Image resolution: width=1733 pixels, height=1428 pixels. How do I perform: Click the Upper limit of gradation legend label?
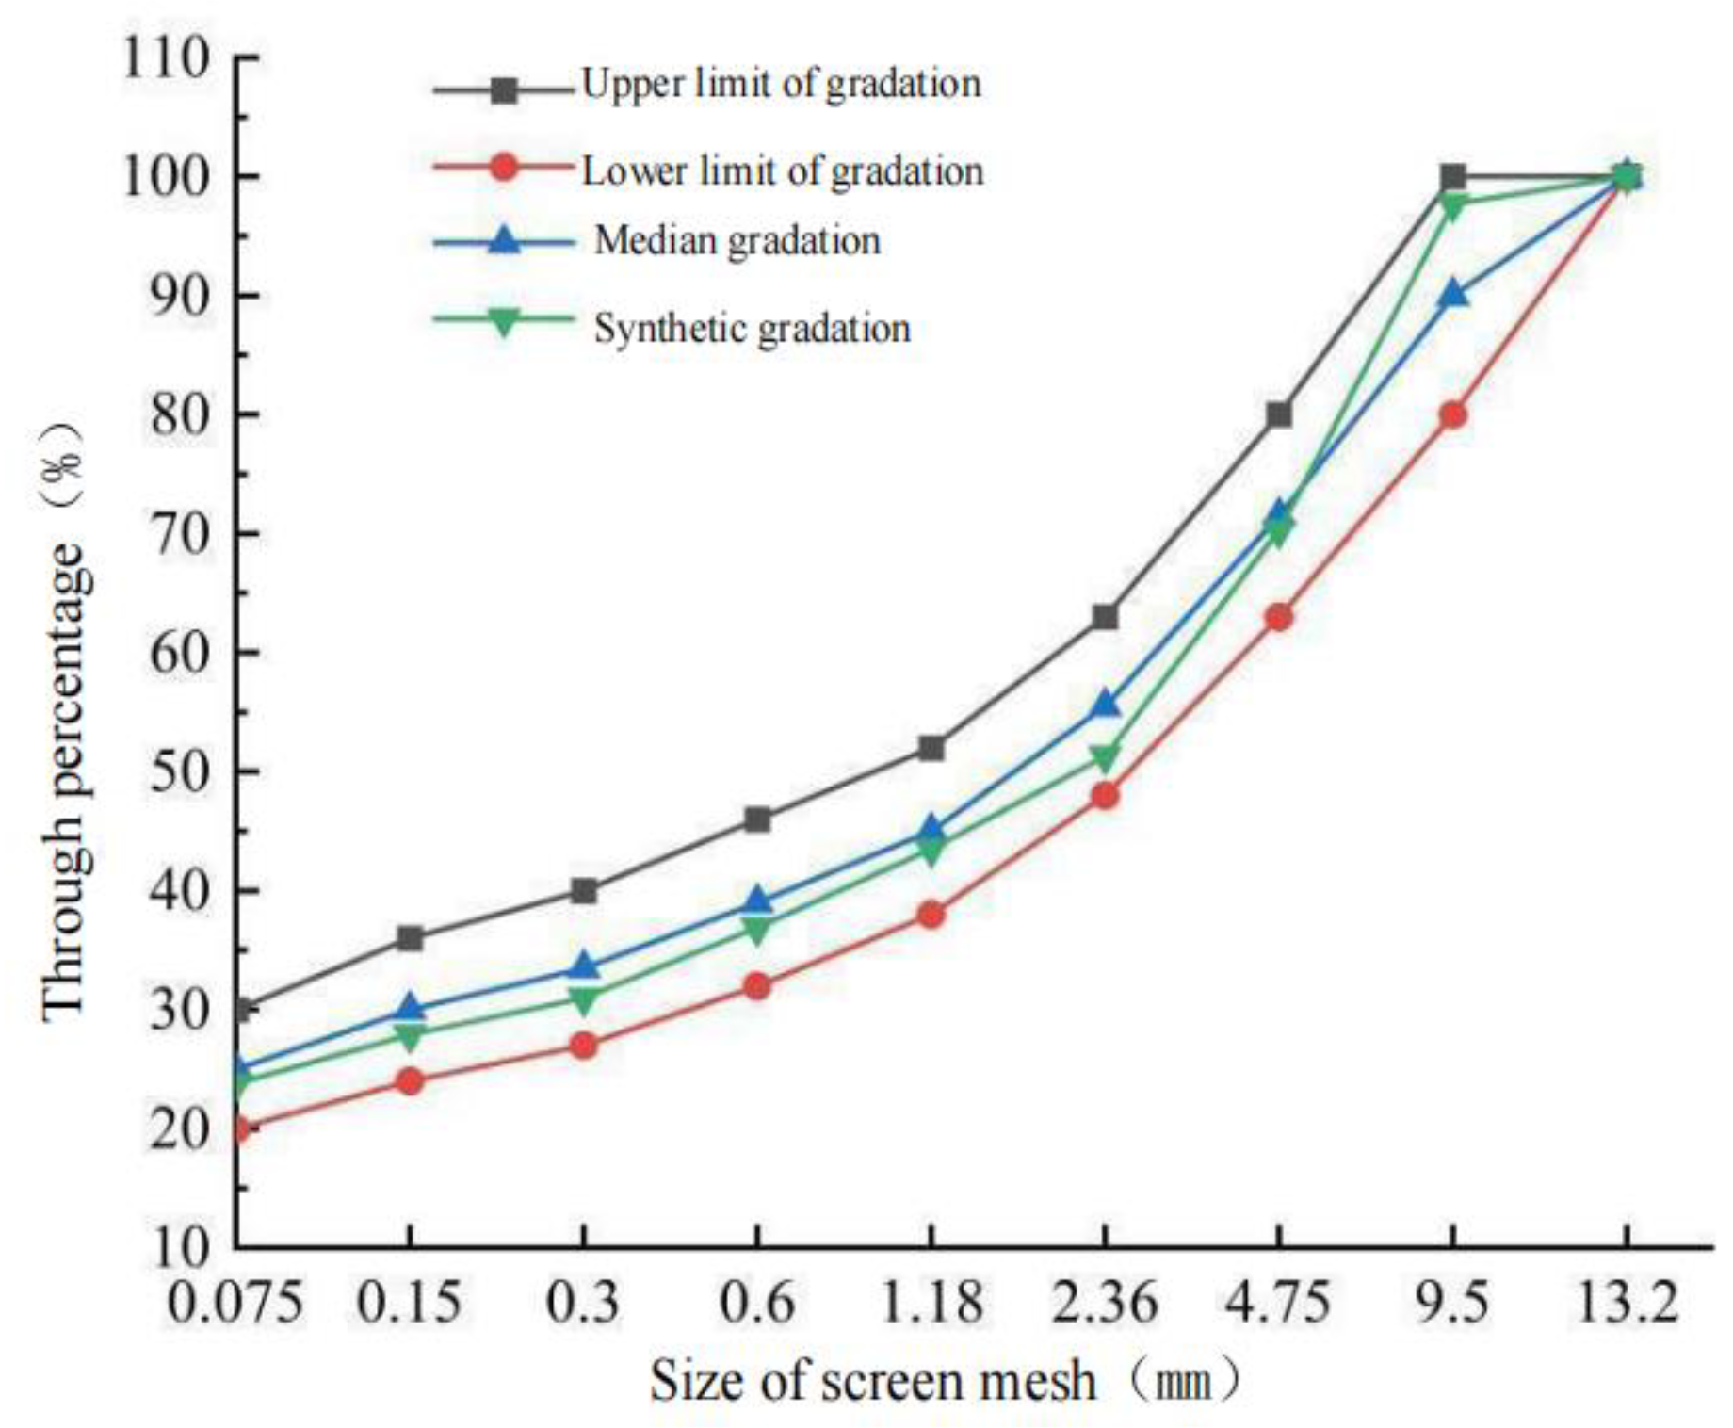[x=781, y=85]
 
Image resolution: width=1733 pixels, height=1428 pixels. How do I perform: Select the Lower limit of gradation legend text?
[x=783, y=171]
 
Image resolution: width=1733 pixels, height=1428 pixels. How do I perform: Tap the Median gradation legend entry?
[x=737, y=242]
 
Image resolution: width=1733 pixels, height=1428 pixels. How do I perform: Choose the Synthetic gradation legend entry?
[x=753, y=329]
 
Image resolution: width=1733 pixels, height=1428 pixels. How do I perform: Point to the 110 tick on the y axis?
[x=166, y=58]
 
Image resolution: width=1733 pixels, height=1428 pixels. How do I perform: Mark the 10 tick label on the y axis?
[x=180, y=1247]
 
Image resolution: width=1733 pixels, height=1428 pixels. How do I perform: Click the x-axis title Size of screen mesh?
[x=873, y=1382]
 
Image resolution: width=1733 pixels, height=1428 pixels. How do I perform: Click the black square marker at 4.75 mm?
[x=1279, y=414]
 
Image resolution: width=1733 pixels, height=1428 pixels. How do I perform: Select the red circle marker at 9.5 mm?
[x=1453, y=414]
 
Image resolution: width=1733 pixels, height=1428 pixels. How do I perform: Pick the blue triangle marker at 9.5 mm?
[x=1453, y=294]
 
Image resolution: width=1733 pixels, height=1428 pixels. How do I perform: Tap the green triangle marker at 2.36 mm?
[x=1105, y=757]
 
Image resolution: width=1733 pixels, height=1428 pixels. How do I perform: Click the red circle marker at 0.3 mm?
[x=584, y=1046]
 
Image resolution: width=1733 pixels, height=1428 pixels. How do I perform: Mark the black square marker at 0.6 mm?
[x=757, y=819]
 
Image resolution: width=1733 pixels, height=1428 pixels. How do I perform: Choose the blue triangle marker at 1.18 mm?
[x=931, y=830]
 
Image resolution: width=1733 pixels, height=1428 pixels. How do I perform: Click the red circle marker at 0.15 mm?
[x=410, y=1081]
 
